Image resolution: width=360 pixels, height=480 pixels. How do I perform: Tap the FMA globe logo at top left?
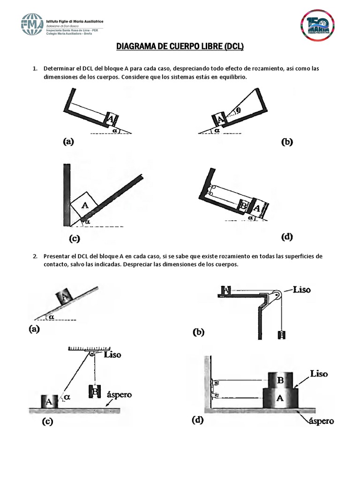[x=32, y=24]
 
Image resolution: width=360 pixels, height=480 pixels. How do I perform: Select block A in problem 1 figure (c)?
[x=84, y=204]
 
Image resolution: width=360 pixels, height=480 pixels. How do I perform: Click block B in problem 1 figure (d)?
[x=243, y=205]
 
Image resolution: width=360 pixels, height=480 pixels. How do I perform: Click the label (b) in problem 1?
[x=286, y=142]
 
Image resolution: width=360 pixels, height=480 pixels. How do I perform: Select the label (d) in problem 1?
[x=287, y=237]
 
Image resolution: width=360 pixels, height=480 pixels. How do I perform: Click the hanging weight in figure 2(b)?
[x=281, y=335]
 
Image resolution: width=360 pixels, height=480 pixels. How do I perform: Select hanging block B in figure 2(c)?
[x=94, y=390]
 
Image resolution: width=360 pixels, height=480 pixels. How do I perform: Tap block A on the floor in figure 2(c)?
[x=49, y=401]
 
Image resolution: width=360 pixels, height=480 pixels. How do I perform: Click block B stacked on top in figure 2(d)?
[x=280, y=380]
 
